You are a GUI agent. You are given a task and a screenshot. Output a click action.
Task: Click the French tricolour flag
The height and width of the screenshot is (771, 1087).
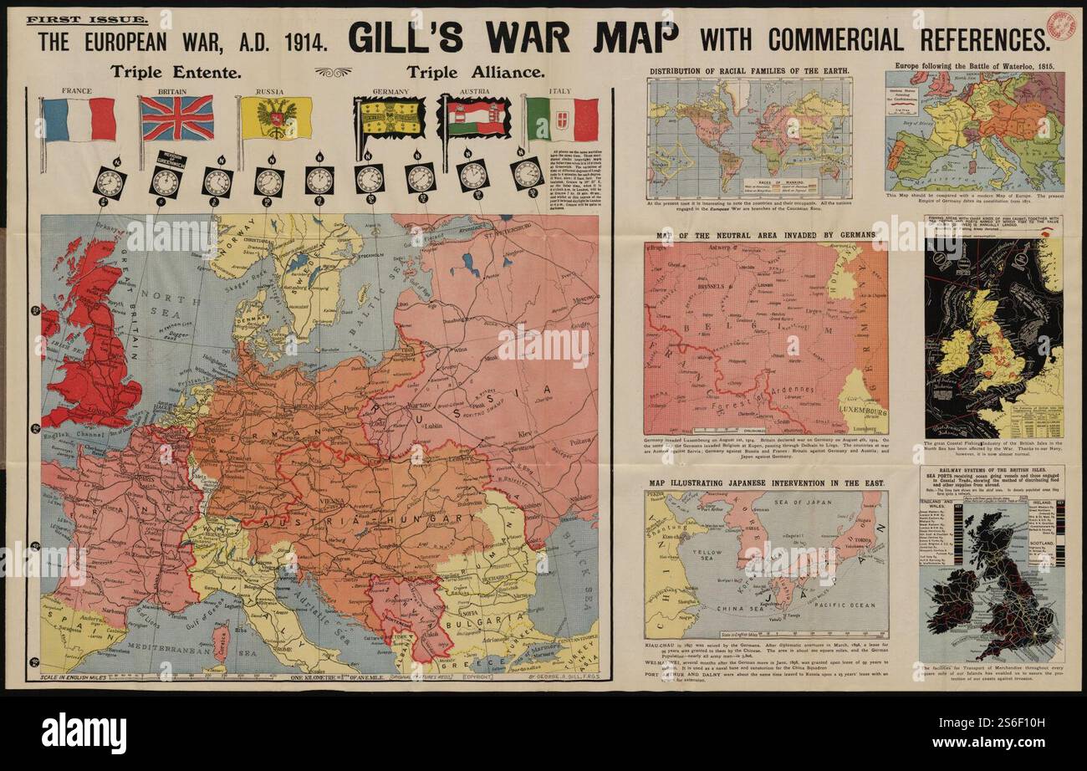pos(79,119)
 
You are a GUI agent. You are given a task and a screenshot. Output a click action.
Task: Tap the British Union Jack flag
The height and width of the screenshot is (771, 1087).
pos(176,118)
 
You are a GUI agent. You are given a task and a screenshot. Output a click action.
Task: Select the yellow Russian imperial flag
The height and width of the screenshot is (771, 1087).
pos(276,118)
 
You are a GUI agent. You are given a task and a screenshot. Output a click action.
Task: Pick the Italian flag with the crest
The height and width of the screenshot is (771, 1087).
pos(562,120)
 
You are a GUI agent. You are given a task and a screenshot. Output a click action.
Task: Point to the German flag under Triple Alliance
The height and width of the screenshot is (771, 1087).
pos(390,118)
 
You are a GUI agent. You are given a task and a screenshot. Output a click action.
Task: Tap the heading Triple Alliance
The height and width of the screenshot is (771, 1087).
pos(477,73)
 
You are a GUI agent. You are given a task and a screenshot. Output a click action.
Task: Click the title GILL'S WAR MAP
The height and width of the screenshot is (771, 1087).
pos(513,38)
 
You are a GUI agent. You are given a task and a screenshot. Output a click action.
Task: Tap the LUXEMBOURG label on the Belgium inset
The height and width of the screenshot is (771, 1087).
pos(861,415)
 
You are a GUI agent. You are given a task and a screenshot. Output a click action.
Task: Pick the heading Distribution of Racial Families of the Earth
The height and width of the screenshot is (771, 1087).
pos(749,71)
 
